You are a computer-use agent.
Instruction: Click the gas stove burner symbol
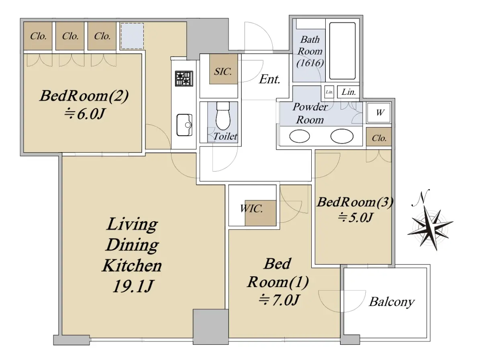click(184, 78)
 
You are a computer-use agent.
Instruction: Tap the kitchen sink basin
click(184, 125)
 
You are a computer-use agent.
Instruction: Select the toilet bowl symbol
click(223, 116)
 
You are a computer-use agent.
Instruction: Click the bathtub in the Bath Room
click(342, 51)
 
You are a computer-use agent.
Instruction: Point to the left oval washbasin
click(300, 136)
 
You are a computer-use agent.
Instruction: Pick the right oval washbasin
click(342, 136)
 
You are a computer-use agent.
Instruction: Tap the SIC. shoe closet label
click(223, 71)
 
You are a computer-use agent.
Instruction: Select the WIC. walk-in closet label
click(251, 208)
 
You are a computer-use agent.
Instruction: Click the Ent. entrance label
click(270, 79)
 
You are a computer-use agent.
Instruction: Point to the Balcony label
click(392, 302)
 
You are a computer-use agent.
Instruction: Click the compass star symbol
click(430, 228)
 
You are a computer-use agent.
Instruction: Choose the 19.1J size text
click(133, 286)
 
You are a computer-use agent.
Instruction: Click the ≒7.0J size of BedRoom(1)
click(278, 300)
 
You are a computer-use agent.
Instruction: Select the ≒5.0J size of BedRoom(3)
click(355, 218)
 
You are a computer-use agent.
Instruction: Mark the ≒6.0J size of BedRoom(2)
click(84, 114)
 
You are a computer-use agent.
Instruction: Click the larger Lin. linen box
click(349, 92)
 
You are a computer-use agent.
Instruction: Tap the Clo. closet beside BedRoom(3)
click(379, 138)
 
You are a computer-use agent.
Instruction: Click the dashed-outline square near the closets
click(133, 36)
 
